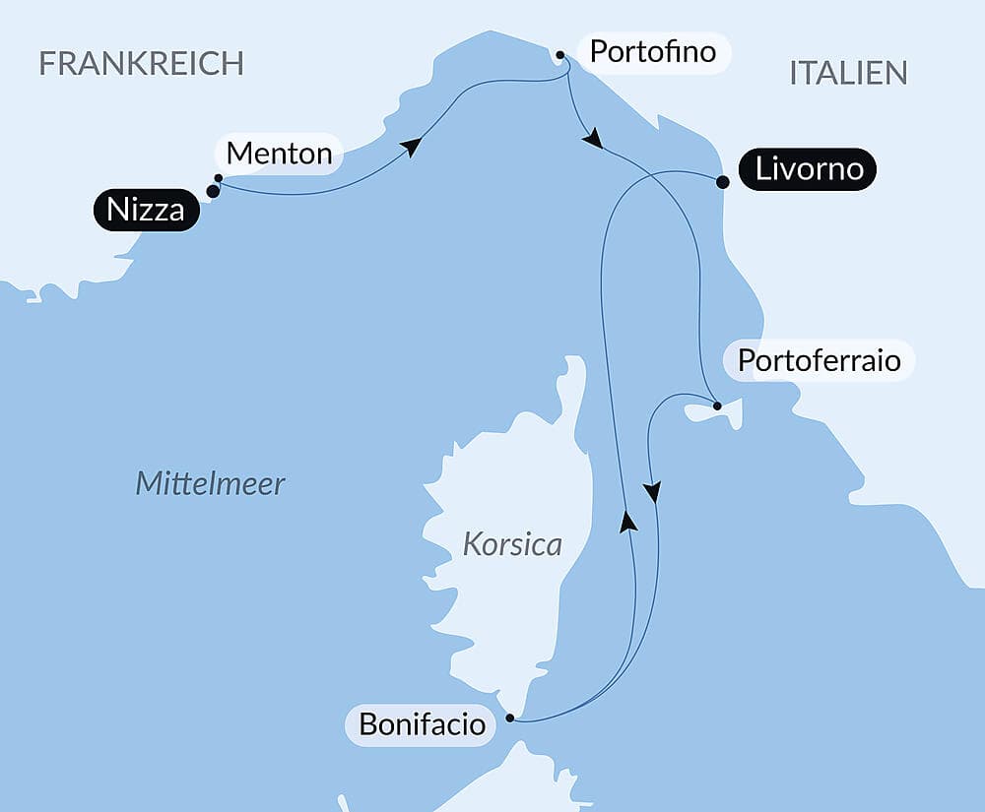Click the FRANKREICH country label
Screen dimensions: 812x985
point(141,63)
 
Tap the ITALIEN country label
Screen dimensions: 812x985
point(847,73)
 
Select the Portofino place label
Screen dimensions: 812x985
point(652,51)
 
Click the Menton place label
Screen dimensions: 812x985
point(279,154)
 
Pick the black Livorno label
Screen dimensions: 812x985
point(809,169)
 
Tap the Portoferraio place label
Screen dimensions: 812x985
point(819,360)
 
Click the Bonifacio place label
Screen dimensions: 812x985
point(422,725)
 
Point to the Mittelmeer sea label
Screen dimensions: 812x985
point(210,483)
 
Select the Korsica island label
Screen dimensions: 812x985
point(512,544)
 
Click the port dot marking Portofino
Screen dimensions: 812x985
point(559,55)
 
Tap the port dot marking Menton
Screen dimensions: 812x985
point(218,178)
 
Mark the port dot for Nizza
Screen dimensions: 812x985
point(213,191)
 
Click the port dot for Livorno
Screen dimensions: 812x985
point(722,182)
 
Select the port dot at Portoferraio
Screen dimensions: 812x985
point(717,406)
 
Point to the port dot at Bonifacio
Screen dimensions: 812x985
point(510,718)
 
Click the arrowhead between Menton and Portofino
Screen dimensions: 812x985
point(411,147)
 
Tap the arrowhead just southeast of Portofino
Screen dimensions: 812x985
point(591,140)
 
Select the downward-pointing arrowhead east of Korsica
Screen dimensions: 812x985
point(651,491)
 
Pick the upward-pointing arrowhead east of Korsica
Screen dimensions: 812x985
point(626,521)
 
